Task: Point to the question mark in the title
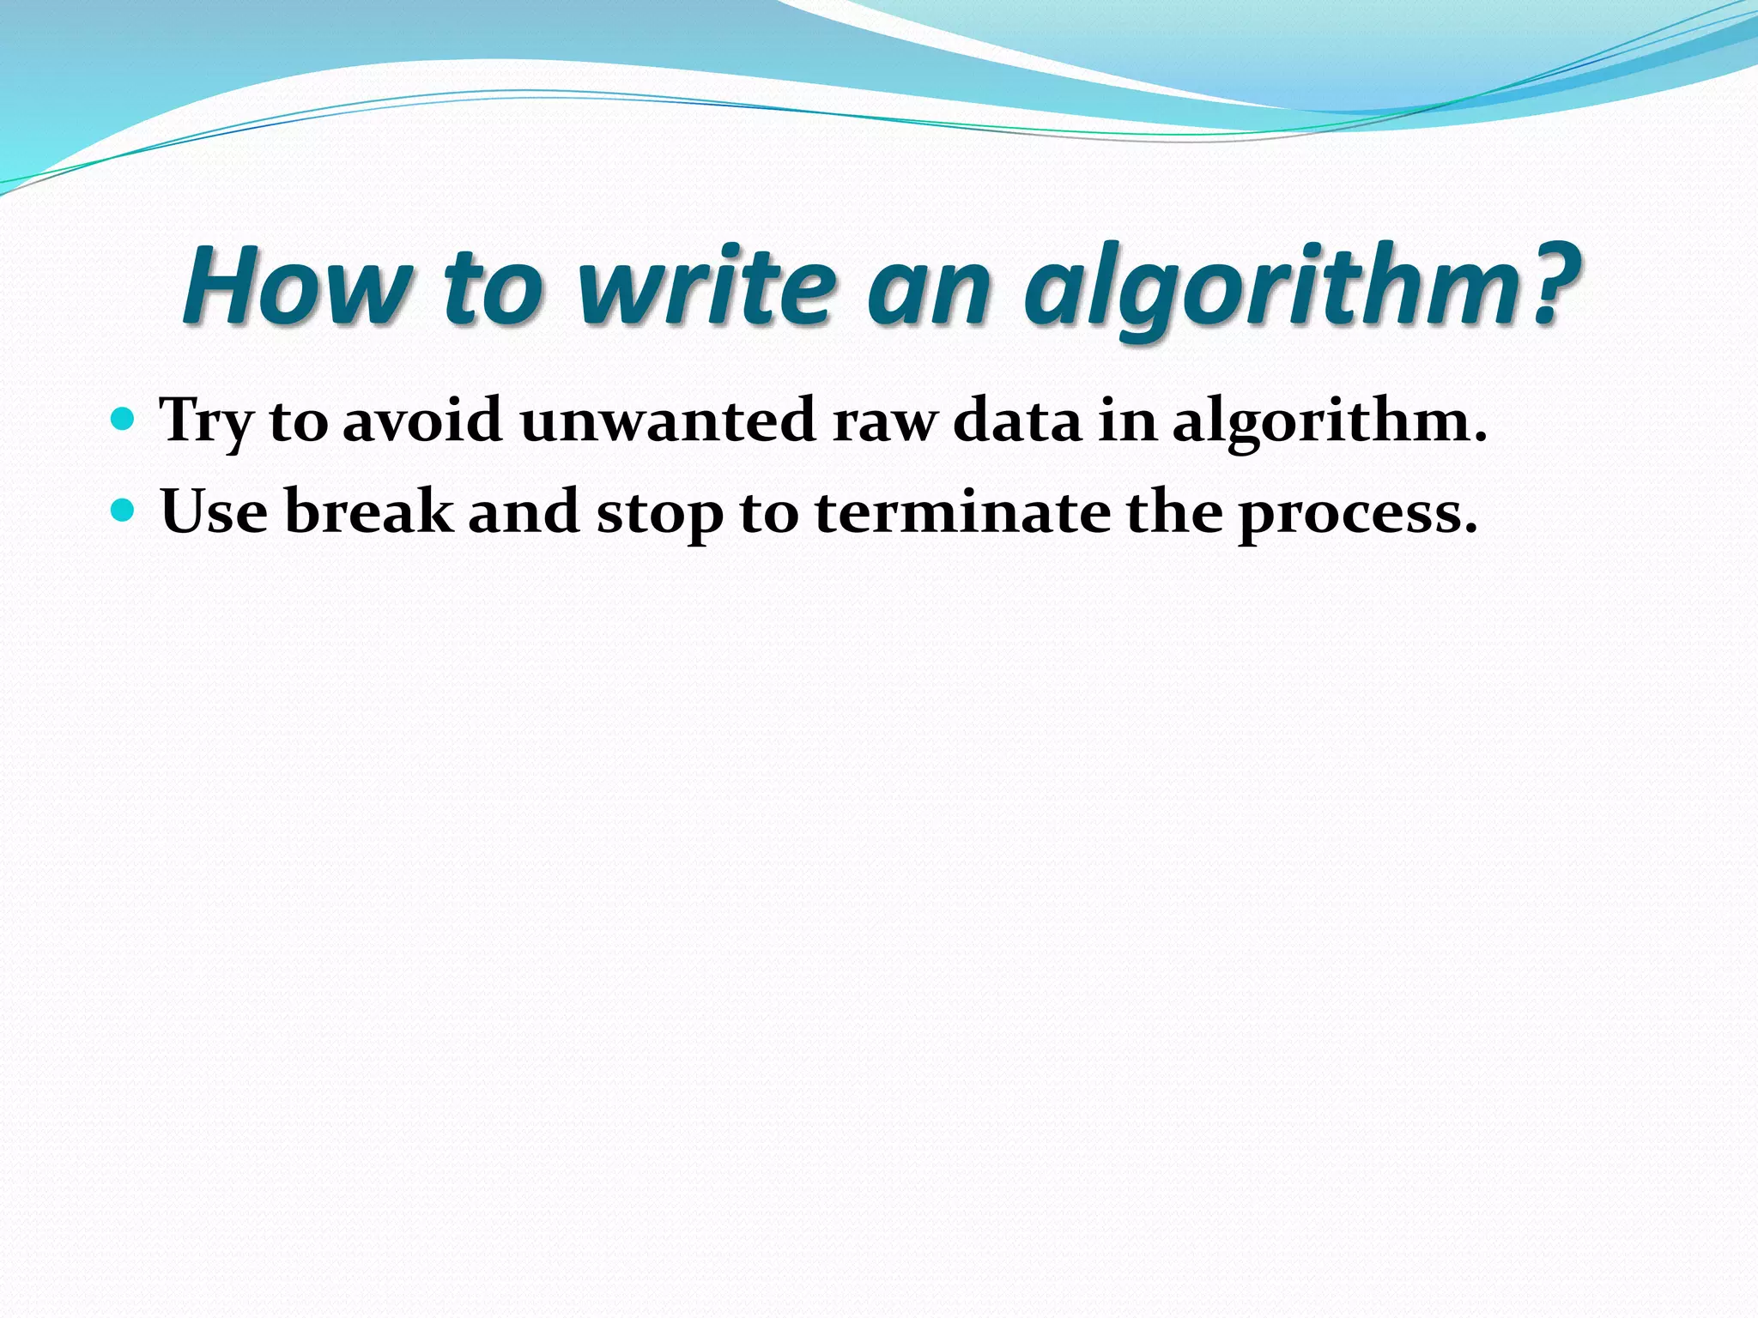(1546, 285)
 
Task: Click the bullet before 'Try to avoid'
(124, 420)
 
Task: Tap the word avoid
(422, 421)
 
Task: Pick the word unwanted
(668, 421)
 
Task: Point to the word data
(1017, 421)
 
